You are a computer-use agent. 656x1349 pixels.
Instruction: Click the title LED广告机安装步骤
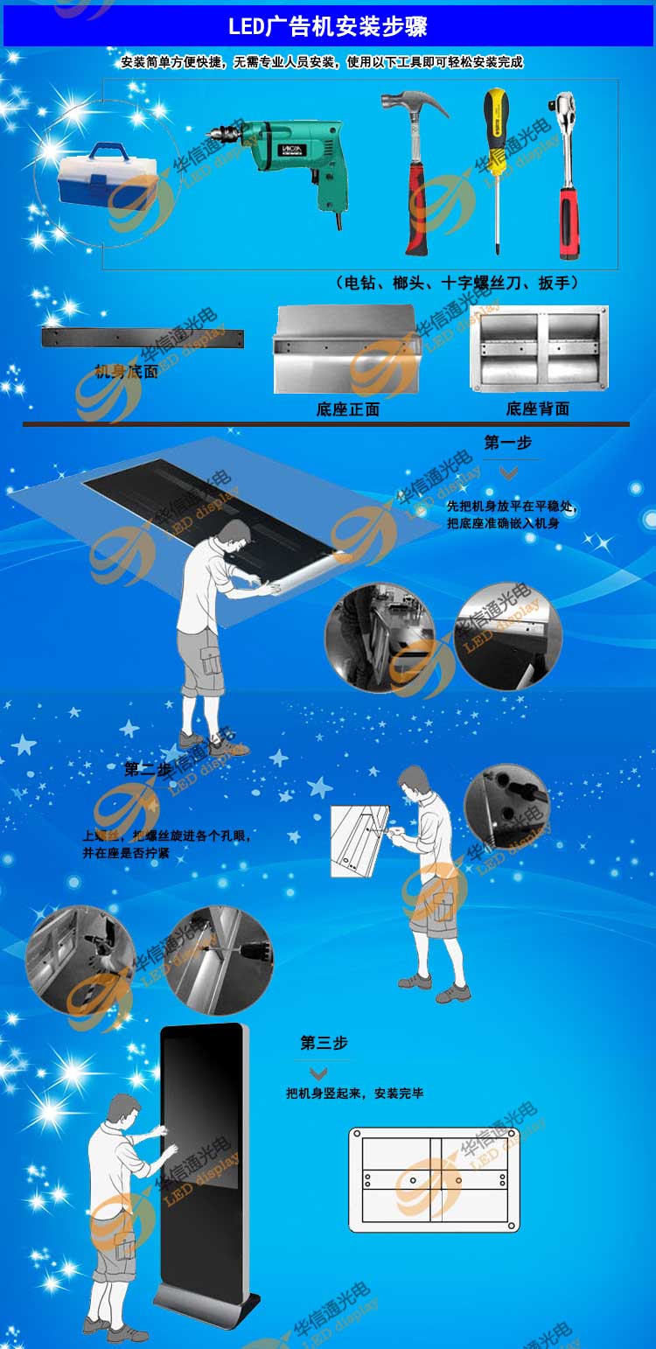327,27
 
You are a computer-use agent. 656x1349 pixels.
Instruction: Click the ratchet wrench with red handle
569,175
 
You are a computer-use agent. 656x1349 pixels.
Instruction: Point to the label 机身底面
127,372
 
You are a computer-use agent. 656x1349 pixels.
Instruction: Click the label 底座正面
347,409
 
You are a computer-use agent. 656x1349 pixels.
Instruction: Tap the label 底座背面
537,409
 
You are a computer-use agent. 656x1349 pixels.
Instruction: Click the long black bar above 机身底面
143,339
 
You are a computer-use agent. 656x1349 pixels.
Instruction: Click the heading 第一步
508,443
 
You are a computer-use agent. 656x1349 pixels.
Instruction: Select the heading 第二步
148,769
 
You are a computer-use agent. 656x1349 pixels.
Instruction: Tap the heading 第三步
324,1043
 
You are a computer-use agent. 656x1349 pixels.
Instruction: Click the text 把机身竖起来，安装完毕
354,1094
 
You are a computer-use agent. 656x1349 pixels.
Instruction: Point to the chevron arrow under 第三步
319,1073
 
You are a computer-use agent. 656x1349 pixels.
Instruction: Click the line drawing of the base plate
434,1180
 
